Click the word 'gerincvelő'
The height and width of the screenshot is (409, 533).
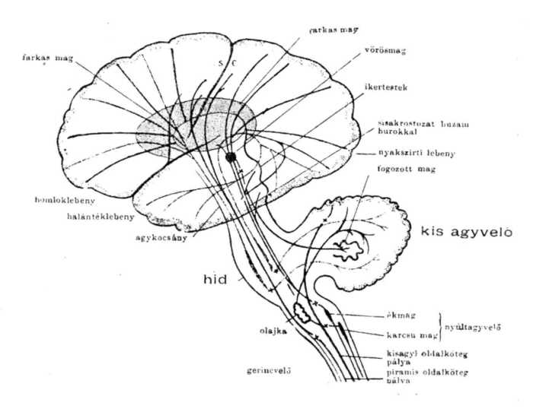click(270, 370)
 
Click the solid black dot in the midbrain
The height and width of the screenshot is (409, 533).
click(231, 157)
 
